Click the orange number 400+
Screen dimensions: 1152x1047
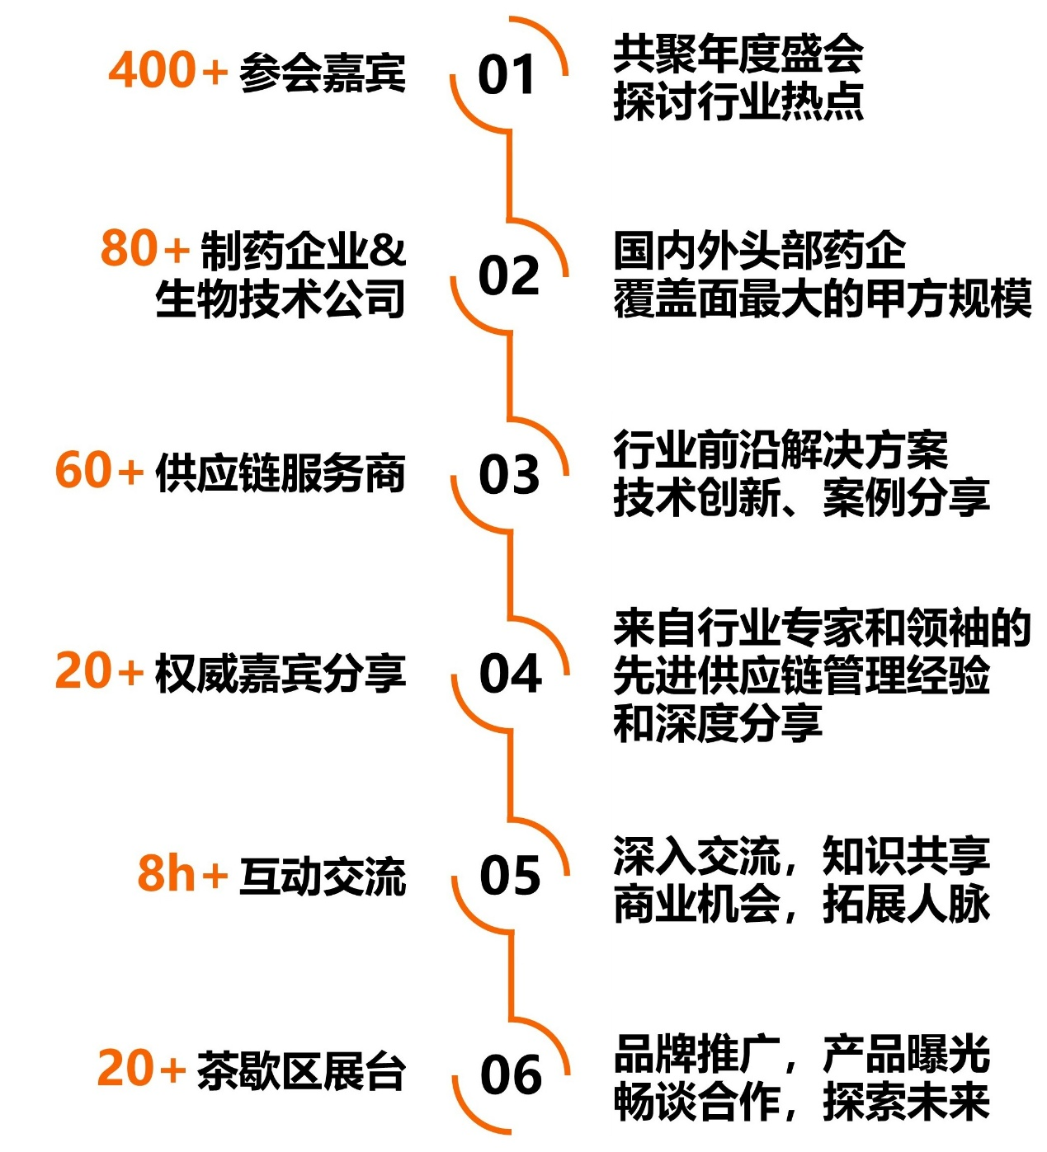click(x=167, y=70)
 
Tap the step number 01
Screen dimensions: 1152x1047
click(x=507, y=75)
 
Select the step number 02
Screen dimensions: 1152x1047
click(x=508, y=275)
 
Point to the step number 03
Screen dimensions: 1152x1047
click(x=509, y=475)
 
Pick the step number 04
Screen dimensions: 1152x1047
click(x=510, y=674)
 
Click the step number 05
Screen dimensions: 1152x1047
click(x=510, y=875)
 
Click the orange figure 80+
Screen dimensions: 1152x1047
click(x=145, y=248)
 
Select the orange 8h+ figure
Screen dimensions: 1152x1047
click(x=182, y=873)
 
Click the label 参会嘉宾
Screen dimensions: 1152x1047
click(x=323, y=73)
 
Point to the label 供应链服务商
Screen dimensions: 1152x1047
click(x=281, y=473)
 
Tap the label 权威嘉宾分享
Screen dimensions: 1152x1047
click(x=281, y=673)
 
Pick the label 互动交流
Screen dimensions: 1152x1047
click(x=323, y=876)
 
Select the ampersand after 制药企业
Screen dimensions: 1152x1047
click(x=387, y=250)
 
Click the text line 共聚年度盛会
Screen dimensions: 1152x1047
click(x=738, y=54)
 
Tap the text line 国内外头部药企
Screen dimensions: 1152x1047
click(x=759, y=251)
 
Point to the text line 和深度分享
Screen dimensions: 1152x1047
click(x=717, y=723)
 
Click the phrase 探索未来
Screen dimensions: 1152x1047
click(x=906, y=1101)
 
